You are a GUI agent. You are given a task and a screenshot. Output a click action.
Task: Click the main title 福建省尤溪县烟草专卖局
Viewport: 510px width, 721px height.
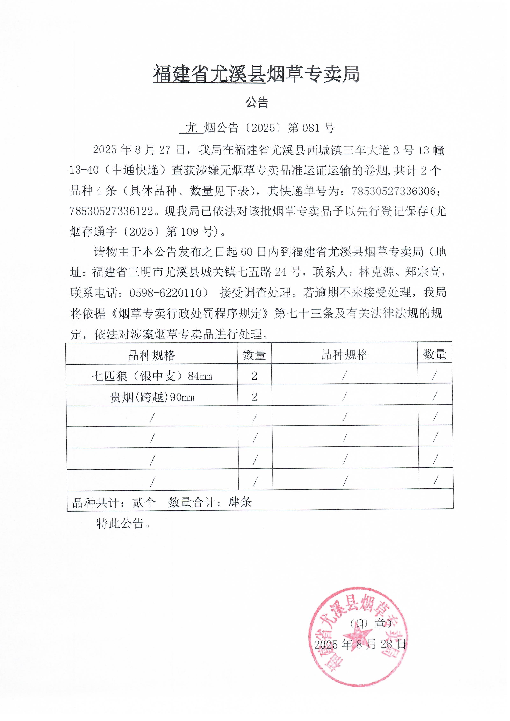256,74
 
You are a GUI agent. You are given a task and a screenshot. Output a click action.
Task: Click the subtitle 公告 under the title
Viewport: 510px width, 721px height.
257,103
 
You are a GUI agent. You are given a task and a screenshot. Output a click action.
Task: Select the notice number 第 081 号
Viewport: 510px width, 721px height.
311,128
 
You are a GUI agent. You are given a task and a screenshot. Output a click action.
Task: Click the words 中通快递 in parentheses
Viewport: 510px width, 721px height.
135,170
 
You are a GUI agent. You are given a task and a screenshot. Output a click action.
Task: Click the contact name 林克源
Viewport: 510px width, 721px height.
376,272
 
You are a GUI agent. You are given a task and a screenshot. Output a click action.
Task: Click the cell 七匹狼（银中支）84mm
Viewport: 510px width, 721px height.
152,376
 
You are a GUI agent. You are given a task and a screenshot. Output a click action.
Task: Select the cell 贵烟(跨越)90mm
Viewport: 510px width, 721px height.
152,397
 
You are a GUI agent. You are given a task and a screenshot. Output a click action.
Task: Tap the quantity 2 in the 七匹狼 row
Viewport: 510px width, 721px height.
254,376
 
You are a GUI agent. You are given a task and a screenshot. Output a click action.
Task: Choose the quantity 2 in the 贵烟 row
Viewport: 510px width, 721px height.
254,397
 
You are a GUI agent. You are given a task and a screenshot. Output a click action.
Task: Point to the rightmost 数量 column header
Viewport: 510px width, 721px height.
434,354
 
